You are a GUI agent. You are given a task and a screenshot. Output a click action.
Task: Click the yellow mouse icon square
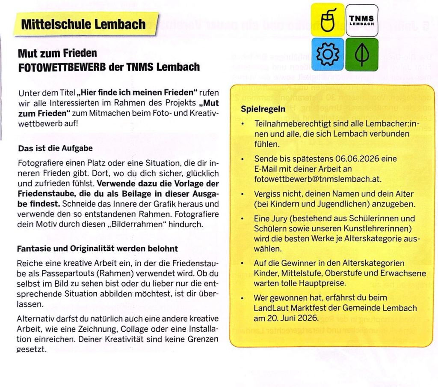327,20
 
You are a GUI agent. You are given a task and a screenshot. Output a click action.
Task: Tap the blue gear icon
327,54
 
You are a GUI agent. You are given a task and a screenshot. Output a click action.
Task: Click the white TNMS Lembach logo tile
361,20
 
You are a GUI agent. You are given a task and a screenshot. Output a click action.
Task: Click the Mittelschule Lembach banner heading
83,24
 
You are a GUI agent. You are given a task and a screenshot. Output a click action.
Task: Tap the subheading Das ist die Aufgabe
55,149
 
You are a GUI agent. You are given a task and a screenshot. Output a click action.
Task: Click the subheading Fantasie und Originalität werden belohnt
97,249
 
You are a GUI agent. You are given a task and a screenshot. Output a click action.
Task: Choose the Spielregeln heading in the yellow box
263,109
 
